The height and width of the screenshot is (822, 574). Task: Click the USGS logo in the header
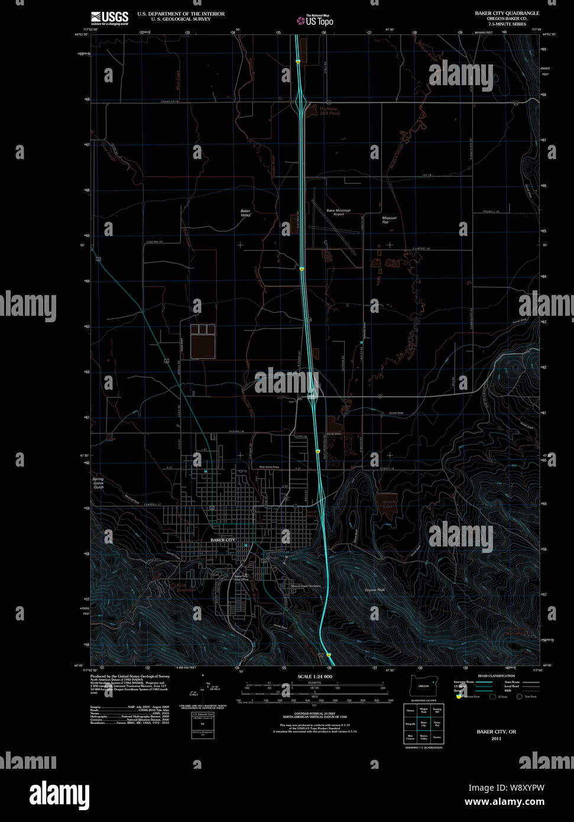point(110,18)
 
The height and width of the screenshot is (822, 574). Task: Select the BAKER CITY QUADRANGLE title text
point(507,13)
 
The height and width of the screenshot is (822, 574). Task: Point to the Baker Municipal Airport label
point(338,212)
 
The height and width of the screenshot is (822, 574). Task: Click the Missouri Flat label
point(389,220)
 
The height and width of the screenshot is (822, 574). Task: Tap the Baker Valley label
point(245,213)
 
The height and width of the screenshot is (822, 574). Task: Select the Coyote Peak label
point(374,590)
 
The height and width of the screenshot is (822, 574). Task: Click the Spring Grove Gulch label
point(98,483)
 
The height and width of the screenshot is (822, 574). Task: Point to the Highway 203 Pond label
point(329,111)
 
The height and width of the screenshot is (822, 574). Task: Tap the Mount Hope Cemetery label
point(306,586)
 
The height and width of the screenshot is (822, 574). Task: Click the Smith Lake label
point(388,504)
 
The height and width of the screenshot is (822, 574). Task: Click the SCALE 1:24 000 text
point(314,677)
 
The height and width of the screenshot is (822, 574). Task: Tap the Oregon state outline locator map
point(423,685)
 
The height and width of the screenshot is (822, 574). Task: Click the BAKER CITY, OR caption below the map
point(496,732)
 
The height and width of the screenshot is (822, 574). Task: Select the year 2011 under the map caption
point(496,738)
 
